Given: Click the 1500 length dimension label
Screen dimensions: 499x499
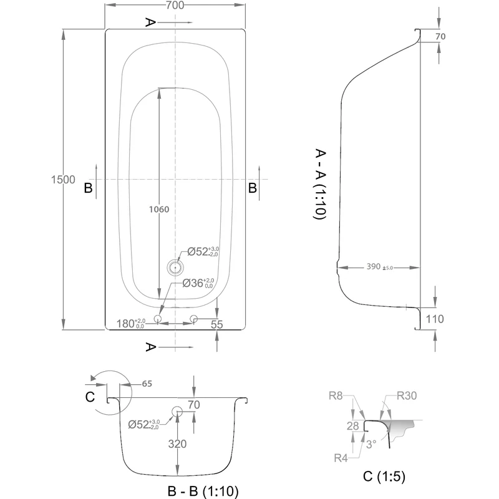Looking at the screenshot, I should [63, 180].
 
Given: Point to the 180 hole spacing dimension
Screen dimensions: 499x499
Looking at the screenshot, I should [130, 324].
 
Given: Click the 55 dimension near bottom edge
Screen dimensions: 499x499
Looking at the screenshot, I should [217, 324].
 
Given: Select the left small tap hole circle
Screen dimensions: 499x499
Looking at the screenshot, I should [157, 319].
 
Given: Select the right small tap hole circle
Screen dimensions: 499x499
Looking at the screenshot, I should [194, 319].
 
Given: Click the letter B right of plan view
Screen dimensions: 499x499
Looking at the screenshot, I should [253, 187].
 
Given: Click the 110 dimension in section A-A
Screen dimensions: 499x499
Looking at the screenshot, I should [435, 319].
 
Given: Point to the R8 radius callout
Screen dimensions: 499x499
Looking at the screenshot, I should [336, 395].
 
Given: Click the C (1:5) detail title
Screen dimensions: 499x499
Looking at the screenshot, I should [384, 477].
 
